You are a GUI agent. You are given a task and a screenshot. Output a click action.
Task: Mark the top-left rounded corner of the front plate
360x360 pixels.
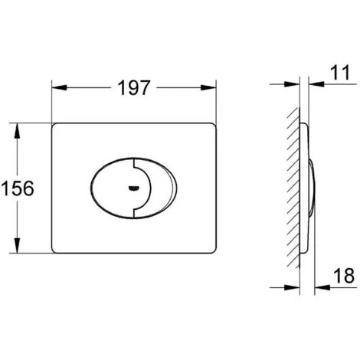[56, 124]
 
